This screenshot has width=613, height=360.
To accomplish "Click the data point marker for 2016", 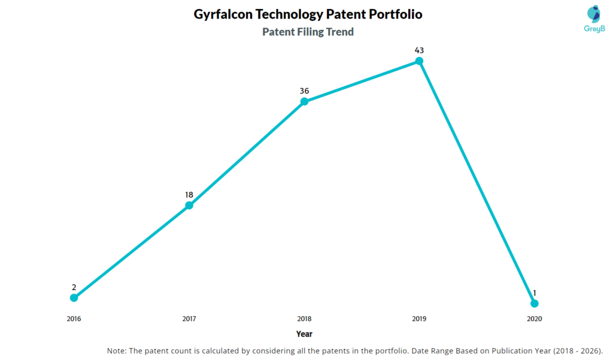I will [x=74, y=298].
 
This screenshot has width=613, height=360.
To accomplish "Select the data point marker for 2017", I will [x=189, y=205].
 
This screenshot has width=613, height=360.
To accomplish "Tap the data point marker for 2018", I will [x=304, y=102].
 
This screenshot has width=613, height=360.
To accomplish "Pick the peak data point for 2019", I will [x=419, y=61].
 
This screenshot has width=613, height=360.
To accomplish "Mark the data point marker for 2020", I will [x=535, y=303].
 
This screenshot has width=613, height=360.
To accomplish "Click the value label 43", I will [x=419, y=50].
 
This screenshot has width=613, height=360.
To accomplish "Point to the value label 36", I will [x=304, y=91].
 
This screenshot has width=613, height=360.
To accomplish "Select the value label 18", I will [x=189, y=195].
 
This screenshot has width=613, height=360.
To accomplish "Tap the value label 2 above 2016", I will [x=74, y=287].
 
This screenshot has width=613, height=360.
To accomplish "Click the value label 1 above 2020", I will [x=535, y=293].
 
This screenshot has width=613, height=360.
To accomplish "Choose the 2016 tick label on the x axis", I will [x=74, y=319].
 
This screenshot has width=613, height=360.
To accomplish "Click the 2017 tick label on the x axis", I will [x=189, y=319].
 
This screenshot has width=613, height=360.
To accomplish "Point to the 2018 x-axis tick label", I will [x=304, y=319].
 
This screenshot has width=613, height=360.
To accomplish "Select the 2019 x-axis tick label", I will [x=419, y=319].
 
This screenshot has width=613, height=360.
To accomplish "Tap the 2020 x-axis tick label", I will [x=535, y=319].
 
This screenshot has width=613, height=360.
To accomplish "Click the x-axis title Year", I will [x=304, y=334].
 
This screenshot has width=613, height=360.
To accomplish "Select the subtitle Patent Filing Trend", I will [x=308, y=32].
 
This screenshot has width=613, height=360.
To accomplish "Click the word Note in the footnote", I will [x=117, y=350].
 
